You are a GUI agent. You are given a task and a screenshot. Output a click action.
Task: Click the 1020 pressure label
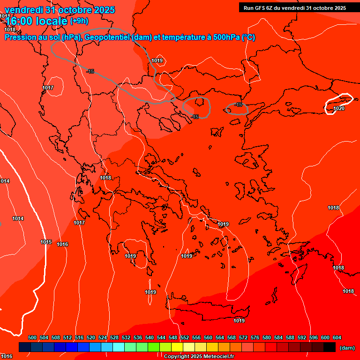pyautogui.click(x=339, y=108)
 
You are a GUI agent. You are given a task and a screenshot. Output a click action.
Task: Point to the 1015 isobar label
pyautogui.click(x=46, y=242)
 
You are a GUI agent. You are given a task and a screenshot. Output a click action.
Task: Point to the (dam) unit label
pyautogui.click(x=347, y=347)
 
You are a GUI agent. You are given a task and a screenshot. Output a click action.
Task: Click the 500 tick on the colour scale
pyautogui.click(x=32, y=337)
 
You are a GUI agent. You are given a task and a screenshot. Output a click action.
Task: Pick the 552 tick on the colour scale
pyautogui.click(x=185, y=337)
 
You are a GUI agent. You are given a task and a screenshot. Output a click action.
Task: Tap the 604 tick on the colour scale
pyautogui.click(x=337, y=337)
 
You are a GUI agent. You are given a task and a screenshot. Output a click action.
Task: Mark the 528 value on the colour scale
pyautogui.click(x=114, y=337)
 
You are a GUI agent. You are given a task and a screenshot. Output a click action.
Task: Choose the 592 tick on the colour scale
pyautogui.click(x=302, y=337)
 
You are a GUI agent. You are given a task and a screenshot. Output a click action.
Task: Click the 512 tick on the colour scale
pyautogui.click(x=67, y=337)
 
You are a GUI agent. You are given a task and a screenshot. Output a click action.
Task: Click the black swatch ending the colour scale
pyautogui.click(x=330, y=347)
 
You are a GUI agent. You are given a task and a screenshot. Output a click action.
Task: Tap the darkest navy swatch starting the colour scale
pyautogui.click(x=25, y=347)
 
